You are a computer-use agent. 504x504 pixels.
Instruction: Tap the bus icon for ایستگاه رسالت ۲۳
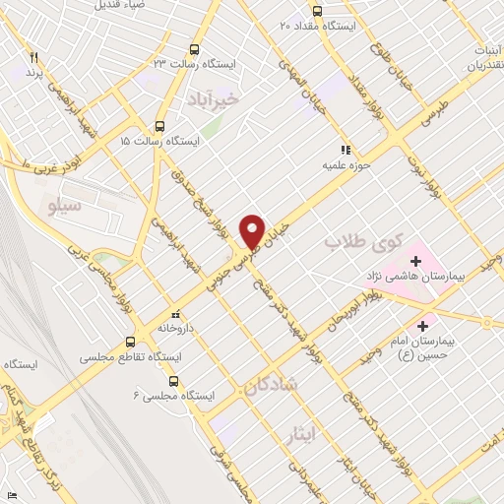point(194,49)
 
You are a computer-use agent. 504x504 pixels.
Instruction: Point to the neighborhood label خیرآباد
point(212,99)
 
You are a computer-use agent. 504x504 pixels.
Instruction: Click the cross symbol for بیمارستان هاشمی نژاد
point(415,262)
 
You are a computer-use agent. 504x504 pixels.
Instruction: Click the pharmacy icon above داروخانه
point(174,307)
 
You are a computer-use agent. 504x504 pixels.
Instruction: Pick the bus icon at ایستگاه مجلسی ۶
point(174,378)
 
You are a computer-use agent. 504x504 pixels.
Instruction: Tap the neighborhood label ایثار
point(302,431)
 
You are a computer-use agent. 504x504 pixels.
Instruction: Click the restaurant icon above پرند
point(34,58)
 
